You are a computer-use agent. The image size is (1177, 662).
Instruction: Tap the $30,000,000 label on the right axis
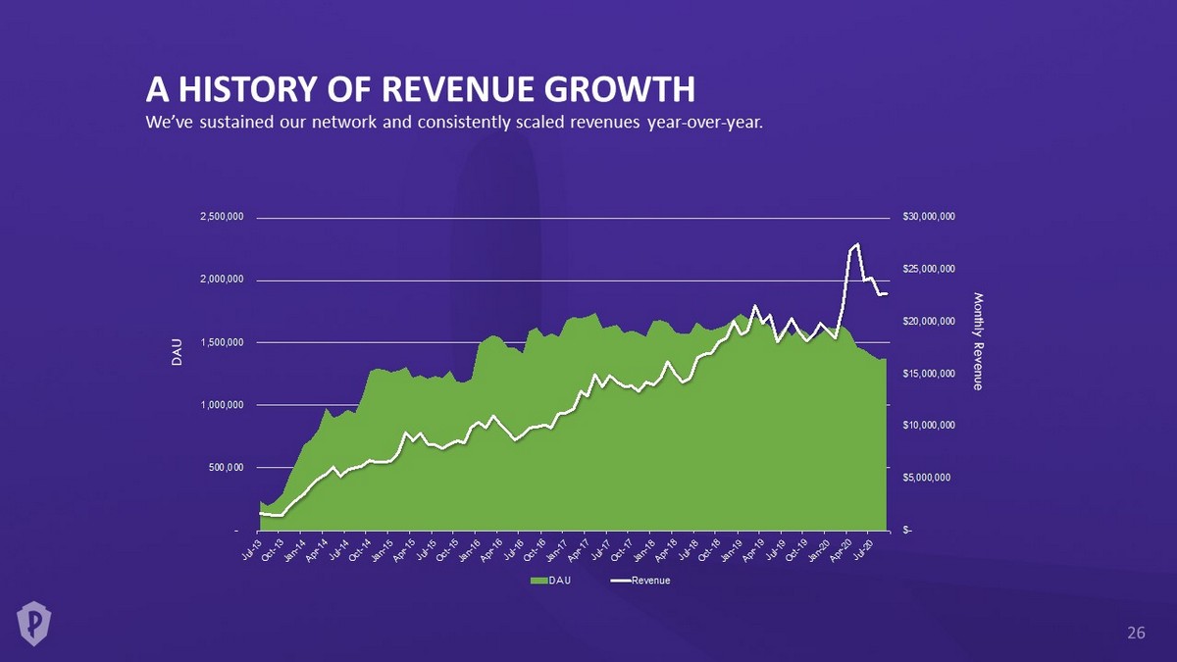[x=929, y=217]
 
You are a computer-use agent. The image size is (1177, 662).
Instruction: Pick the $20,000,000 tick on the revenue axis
[x=929, y=321]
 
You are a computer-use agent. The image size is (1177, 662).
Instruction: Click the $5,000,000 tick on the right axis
[x=932, y=478]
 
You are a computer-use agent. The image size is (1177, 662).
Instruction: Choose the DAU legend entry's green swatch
[x=538, y=581]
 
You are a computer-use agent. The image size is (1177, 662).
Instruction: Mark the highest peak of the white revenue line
[x=857, y=244]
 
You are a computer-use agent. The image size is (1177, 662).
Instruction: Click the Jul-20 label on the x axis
[x=862, y=548]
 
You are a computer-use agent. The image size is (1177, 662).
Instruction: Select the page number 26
[x=1136, y=634]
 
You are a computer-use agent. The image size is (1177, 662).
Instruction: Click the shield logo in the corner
[x=34, y=622]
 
